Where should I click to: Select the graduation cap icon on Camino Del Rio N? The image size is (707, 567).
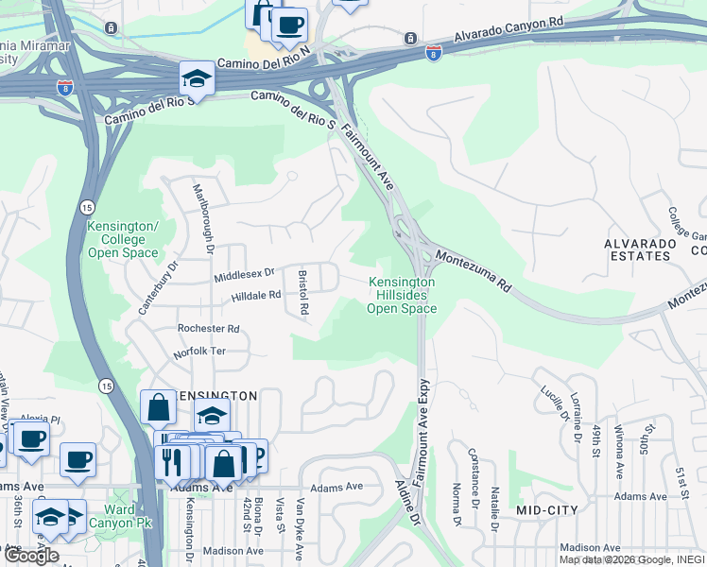pyautogui.click(x=197, y=78)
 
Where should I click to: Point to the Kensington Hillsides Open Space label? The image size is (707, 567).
pyautogui.click(x=402, y=295)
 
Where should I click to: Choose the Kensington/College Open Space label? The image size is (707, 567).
pyautogui.click(x=122, y=240)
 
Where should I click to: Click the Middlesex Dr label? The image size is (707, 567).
pyautogui.click(x=244, y=273)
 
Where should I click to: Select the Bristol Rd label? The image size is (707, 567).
pyautogui.click(x=303, y=294)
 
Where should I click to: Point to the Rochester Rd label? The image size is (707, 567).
pyautogui.click(x=208, y=329)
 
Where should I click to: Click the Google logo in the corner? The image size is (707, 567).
pyautogui.click(x=31, y=556)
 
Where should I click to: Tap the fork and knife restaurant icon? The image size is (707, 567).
pyautogui.click(x=171, y=462)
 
